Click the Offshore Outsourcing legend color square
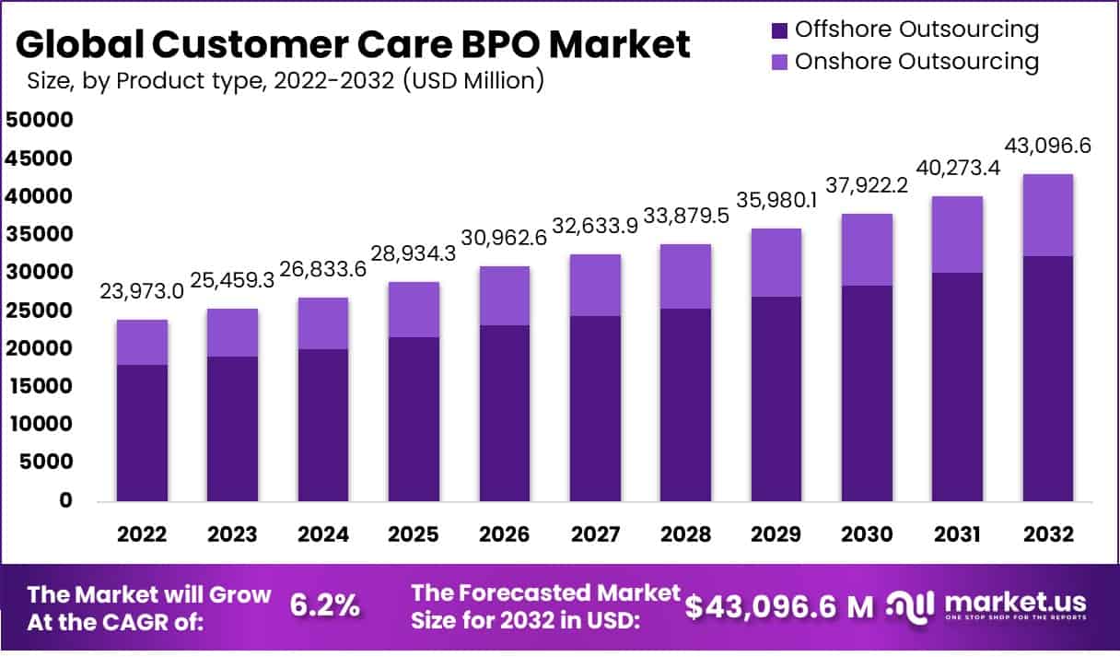[778, 29]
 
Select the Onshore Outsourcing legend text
[916, 62]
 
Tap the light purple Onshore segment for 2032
[1046, 215]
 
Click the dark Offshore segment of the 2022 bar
[142, 433]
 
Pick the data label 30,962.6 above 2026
[503, 237]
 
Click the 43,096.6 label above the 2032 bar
[1047, 146]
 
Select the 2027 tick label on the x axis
[595, 535]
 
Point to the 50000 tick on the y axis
[39, 121]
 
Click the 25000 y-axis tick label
[39, 311]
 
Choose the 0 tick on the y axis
[65, 501]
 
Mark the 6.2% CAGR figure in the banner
[325, 605]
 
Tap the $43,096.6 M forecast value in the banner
[779, 605]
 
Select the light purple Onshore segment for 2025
[414, 310]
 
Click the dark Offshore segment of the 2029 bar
[776, 399]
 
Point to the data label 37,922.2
[867, 184]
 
